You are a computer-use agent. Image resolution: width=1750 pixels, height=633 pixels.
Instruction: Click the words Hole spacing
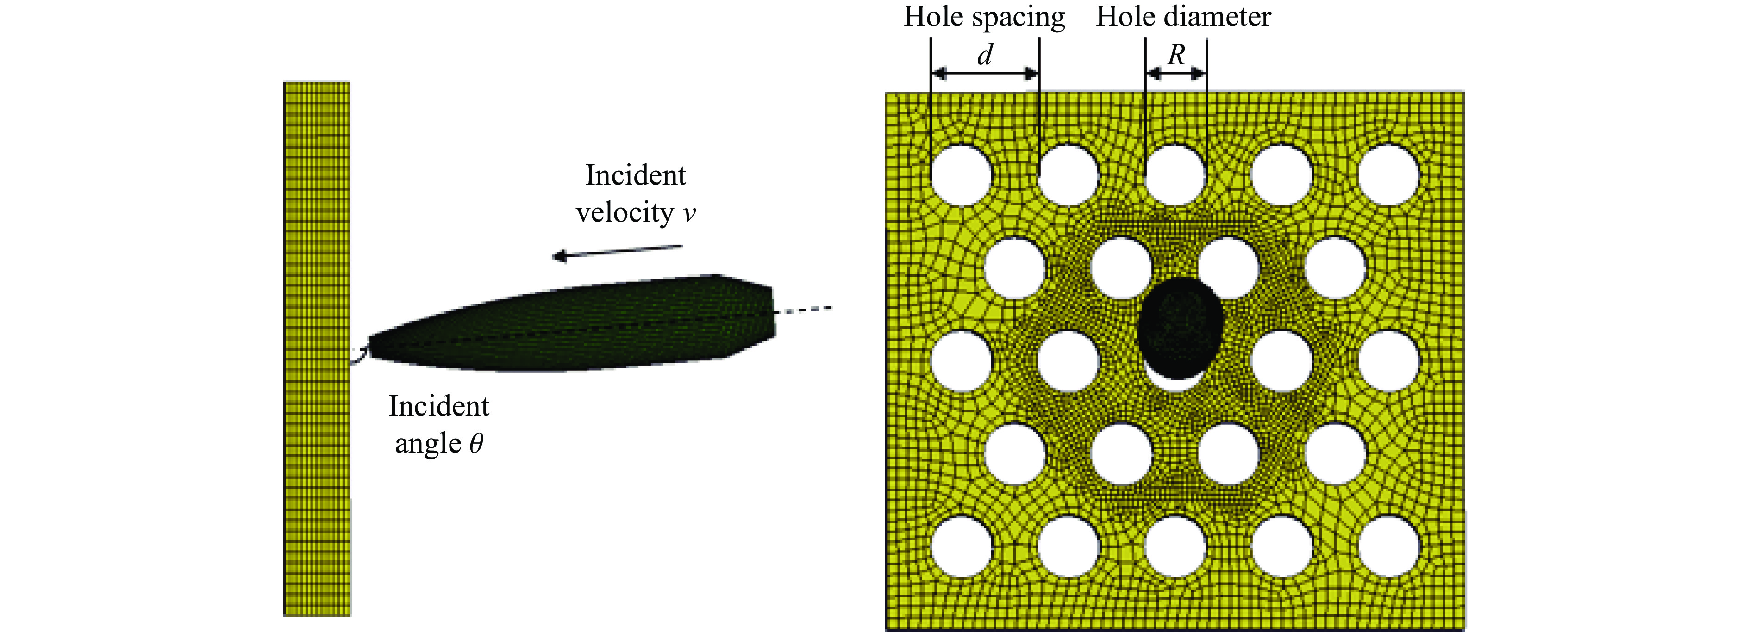pos(984,17)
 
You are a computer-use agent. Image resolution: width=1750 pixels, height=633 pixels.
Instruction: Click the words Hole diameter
pos(1183,17)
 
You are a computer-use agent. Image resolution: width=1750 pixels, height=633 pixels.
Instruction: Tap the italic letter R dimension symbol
pos(1176,54)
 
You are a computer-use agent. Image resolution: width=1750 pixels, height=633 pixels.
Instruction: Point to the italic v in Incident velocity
pos(689,214)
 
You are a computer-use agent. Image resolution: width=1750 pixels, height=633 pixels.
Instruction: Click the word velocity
pos(625,213)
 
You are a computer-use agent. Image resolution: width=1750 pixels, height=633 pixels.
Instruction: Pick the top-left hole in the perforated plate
pos(961,175)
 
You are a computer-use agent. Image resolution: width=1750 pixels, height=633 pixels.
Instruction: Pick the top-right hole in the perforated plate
pos(1388,175)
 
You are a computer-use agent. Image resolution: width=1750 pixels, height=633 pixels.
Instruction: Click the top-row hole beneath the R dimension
pos(1175,175)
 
